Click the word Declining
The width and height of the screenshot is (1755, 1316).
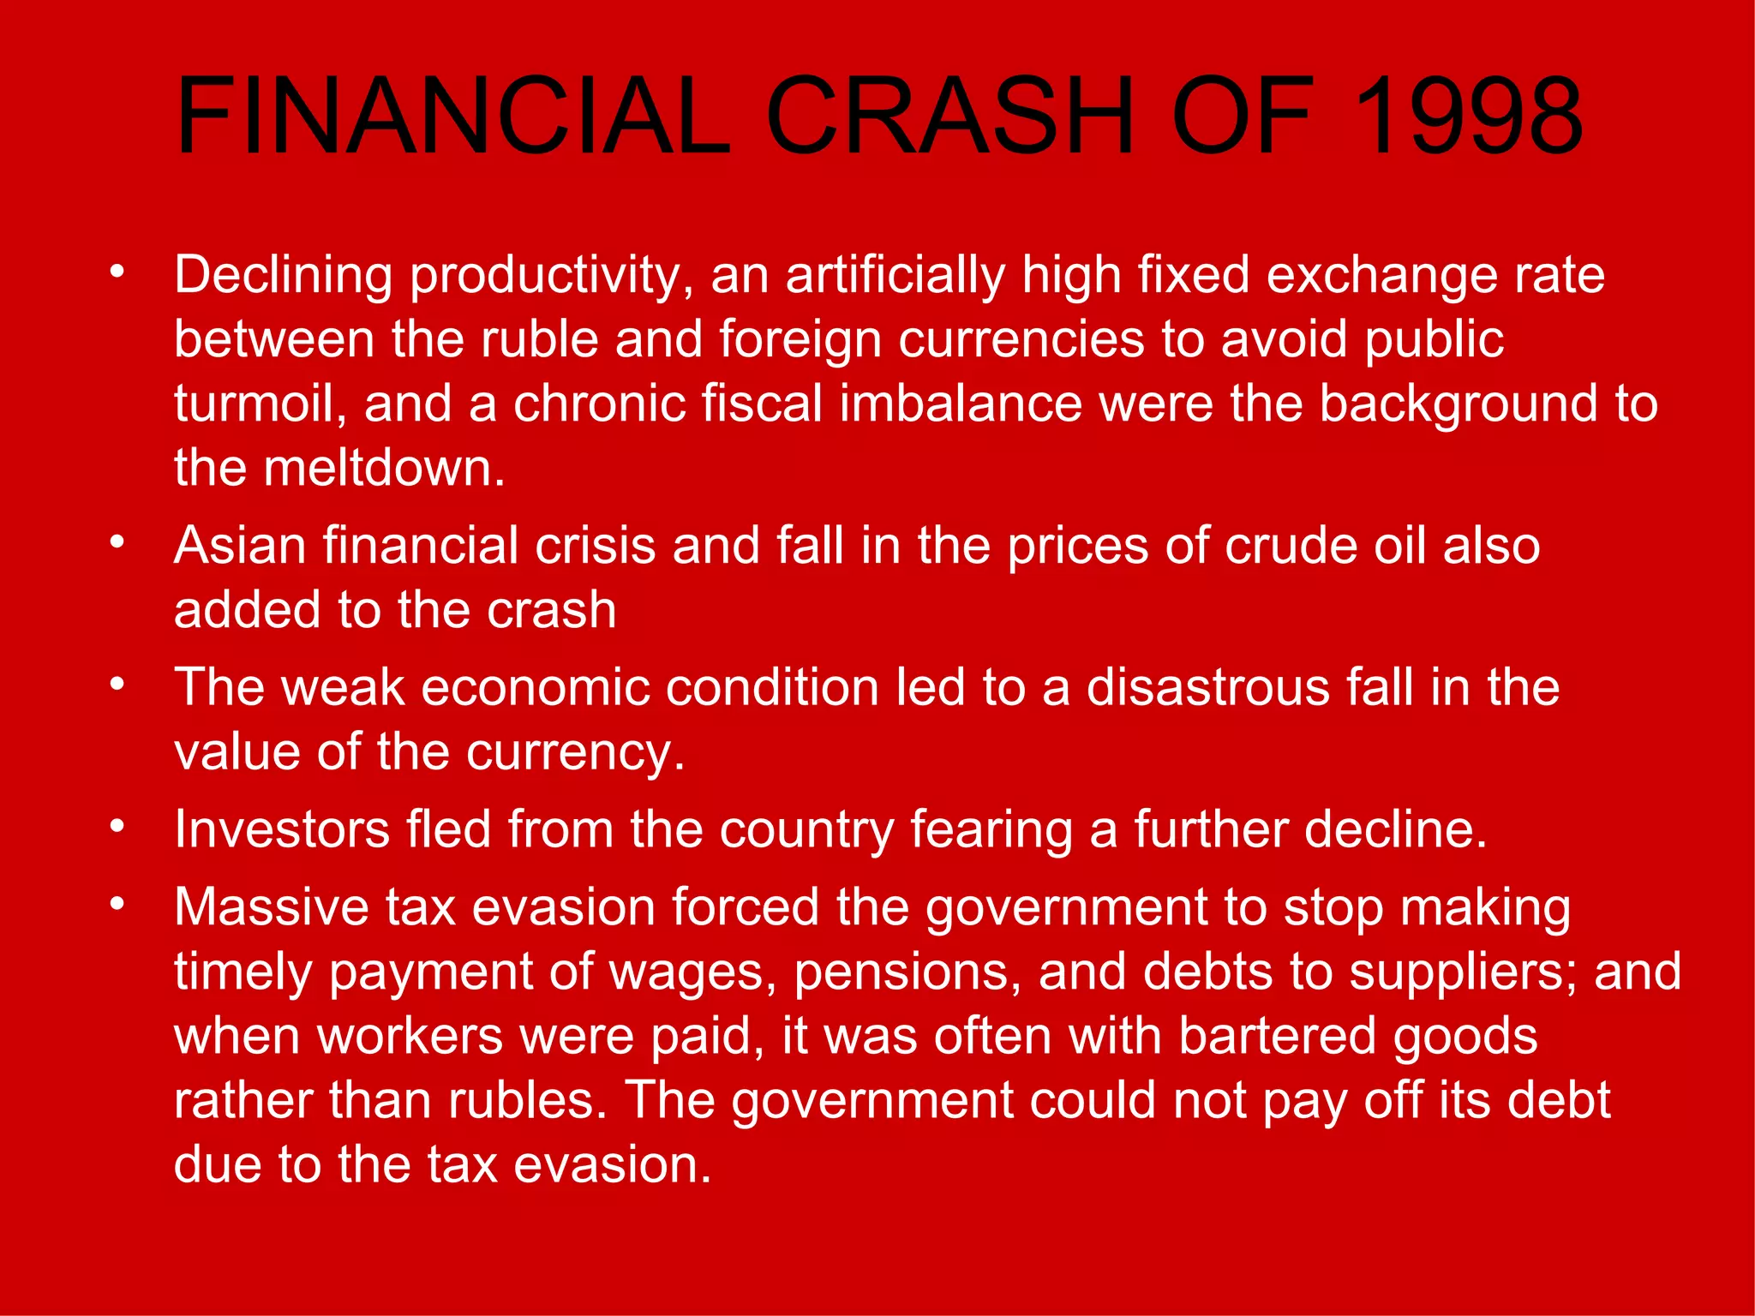coord(283,276)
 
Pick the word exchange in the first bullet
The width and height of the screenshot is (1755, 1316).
coord(1380,276)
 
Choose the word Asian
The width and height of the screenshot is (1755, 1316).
coord(239,546)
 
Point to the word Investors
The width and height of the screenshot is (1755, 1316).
coord(281,830)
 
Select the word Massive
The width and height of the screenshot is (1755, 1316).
coord(271,907)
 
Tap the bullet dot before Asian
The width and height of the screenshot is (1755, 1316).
coord(117,542)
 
